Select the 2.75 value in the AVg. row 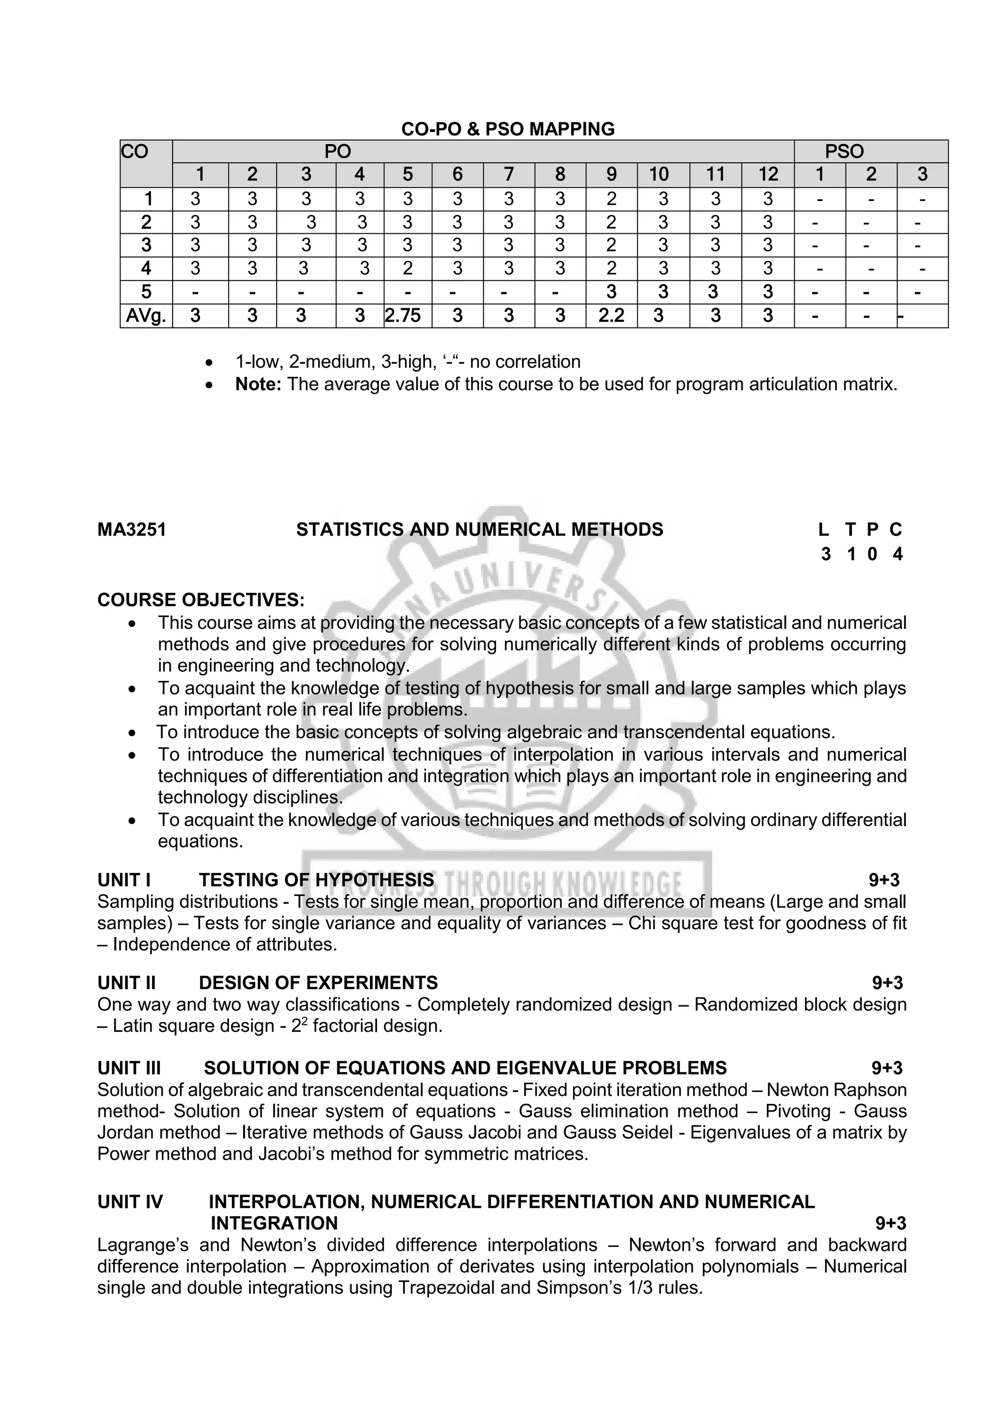402,316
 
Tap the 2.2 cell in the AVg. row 611,316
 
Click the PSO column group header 844,151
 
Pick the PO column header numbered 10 659,175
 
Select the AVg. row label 146,316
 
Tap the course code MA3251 132,530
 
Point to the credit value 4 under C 898,554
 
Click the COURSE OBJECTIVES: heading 201,600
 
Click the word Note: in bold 258,385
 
